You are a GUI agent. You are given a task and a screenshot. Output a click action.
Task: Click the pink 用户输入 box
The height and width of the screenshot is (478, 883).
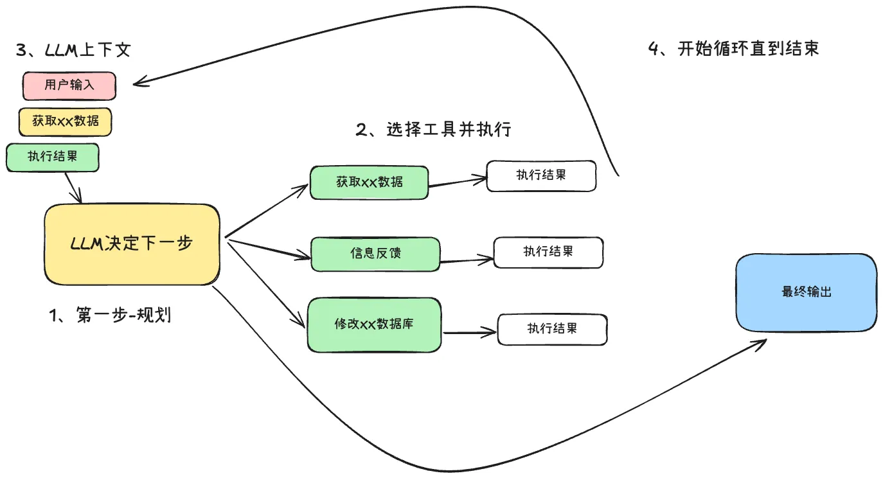69,86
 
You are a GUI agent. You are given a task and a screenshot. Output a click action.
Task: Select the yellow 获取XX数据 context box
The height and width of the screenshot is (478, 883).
65,121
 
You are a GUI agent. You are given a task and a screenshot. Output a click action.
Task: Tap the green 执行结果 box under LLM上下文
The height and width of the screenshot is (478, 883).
53,157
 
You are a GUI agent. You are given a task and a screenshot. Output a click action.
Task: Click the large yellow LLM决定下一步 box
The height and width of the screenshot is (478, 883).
132,244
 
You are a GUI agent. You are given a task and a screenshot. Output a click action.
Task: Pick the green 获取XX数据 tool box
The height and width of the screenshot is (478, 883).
369,182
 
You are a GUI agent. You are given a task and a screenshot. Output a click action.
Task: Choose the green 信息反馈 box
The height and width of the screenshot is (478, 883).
375,253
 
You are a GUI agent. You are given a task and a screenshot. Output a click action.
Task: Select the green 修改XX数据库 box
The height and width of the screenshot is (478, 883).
374,324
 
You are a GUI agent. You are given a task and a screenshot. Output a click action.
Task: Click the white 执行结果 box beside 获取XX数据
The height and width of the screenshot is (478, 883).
541,175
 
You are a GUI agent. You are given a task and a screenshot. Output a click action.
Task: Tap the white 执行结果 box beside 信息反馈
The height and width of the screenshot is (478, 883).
548,252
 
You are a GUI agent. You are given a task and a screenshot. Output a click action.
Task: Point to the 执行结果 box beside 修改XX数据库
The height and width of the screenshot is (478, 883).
552,329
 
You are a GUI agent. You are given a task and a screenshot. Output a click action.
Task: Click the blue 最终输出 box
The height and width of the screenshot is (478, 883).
806,292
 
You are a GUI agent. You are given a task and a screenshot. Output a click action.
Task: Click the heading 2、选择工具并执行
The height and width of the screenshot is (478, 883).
433,129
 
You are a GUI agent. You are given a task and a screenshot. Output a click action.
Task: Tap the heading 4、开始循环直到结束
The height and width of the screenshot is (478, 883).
733,49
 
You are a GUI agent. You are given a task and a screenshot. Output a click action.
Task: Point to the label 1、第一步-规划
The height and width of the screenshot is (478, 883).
110,315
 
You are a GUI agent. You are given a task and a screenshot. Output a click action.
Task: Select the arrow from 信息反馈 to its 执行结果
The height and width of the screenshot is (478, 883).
467,260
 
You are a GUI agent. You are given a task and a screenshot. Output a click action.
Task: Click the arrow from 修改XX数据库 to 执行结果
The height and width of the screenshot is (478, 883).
469,333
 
